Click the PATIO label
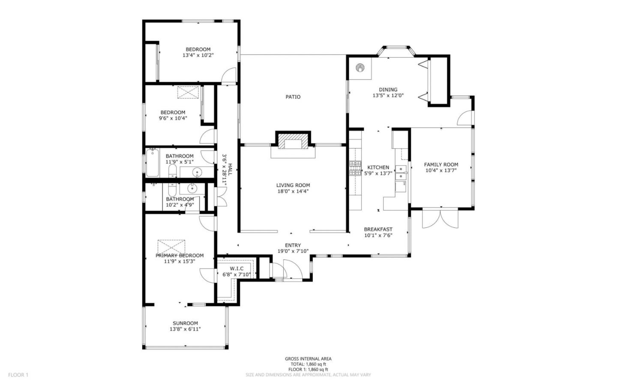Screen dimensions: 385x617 point(293,97)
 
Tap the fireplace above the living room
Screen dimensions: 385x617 point(293,141)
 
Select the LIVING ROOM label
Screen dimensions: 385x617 point(293,185)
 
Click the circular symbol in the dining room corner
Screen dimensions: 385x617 point(361,68)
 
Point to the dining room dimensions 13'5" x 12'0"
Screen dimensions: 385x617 point(388,96)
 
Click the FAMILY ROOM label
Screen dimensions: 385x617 point(441,164)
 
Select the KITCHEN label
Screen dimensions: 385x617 point(378,167)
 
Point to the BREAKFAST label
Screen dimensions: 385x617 point(378,229)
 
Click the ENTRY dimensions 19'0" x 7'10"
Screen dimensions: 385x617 point(293,251)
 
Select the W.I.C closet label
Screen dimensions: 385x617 point(237,269)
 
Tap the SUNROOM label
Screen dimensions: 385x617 point(185,323)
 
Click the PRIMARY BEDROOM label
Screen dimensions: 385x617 point(180,256)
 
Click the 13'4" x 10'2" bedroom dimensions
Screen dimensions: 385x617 point(198,55)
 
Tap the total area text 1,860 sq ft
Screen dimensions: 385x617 point(308,364)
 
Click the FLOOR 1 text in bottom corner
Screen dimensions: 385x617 point(18,375)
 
